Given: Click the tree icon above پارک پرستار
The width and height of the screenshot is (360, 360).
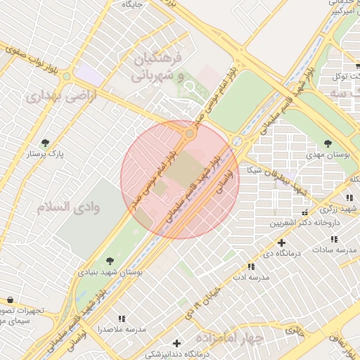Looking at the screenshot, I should [46, 143].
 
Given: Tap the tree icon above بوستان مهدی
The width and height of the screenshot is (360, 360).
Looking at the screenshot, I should [328, 143].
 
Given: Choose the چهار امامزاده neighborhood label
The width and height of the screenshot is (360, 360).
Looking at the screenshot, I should [231, 338].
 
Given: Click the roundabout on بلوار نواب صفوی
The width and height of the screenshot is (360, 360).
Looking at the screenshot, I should [67, 76].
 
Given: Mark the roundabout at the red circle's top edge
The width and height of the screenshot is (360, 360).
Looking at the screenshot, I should [190, 134].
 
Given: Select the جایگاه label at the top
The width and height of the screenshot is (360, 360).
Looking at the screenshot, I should [133, 4].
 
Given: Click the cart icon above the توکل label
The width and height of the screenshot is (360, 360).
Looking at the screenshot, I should [357, 65].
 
